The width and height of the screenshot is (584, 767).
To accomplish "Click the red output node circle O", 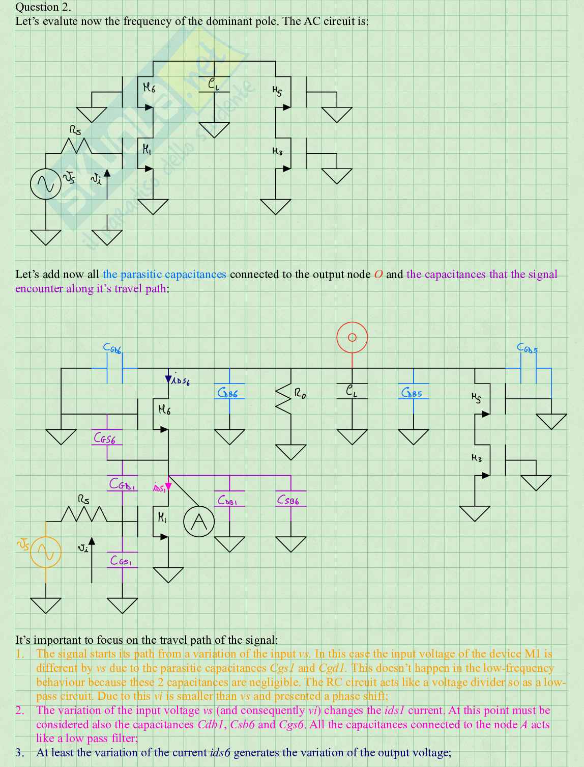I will [352, 337].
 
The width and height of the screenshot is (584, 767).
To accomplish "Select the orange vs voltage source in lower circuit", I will [46, 552].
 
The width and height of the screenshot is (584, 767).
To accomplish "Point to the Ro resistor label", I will [300, 393].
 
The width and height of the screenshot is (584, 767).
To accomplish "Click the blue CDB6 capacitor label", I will [227, 393].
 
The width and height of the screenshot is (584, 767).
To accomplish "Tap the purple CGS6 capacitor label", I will [104, 438].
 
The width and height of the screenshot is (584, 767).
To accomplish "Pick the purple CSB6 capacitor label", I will [288, 500].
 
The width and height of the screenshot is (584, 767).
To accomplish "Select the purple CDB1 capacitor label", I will [227, 501].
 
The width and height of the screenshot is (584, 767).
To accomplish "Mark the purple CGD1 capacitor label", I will [122, 484].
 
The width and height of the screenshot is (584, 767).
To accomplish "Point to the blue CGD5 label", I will [527, 348].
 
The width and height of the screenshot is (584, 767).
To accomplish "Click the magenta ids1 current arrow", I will [168, 487].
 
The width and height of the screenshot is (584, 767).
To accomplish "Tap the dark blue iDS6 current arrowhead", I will [168, 379].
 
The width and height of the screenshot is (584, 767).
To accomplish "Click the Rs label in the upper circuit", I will [75, 131].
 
